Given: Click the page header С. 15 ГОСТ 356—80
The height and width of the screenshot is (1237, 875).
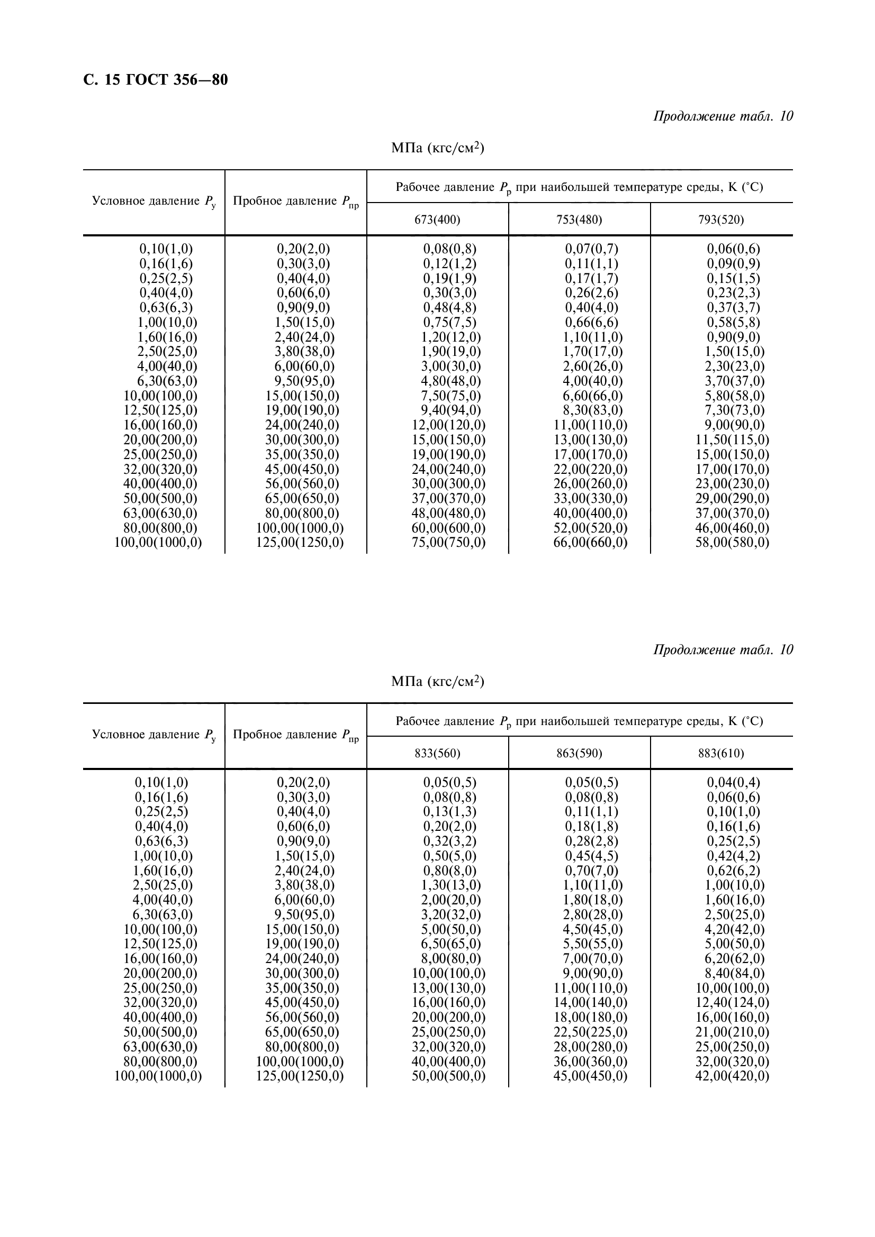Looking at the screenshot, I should point(155,80).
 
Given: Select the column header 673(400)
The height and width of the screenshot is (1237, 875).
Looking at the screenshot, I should point(437,219).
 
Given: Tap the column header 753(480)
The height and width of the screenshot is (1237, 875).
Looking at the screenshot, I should point(579,219).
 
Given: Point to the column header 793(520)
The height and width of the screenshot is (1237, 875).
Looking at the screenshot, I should point(721,219).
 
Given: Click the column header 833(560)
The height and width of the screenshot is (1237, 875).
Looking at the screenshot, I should point(437,753).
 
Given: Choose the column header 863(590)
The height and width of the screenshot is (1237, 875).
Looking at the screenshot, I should point(579,753).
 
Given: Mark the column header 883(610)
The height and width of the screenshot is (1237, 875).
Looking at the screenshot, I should point(721,753).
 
